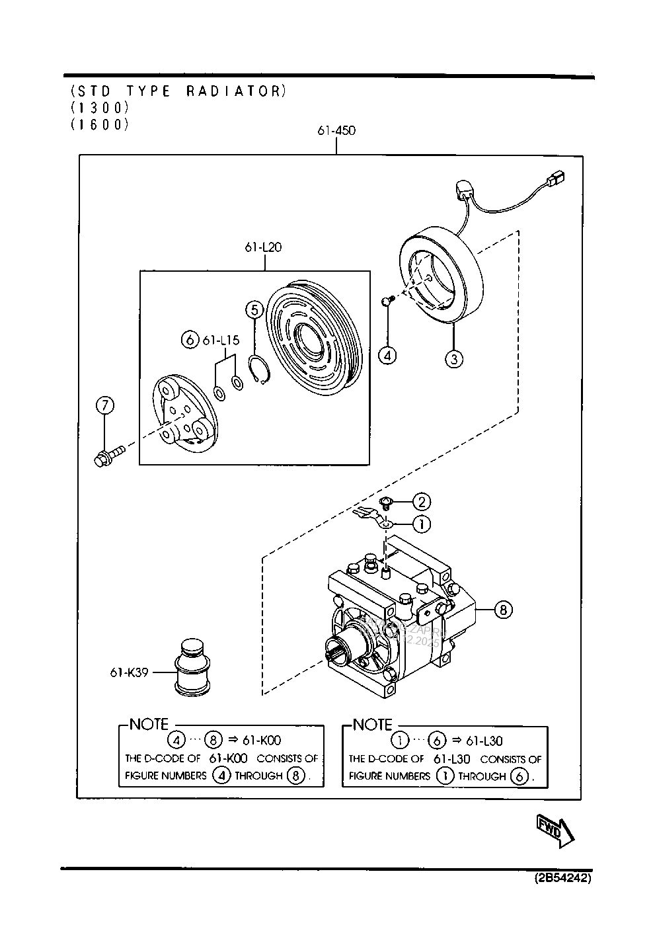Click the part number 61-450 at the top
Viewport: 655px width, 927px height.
pos(336,130)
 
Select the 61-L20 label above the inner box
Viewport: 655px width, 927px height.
pos(264,247)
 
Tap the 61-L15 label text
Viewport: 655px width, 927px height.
pos(221,340)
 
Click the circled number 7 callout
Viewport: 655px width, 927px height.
pos(104,405)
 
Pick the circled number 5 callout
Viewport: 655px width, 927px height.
pos(254,309)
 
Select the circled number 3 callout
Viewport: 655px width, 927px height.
pos(453,359)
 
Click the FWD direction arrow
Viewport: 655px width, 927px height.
pos(555,830)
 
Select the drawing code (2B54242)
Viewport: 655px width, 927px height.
pos(562,879)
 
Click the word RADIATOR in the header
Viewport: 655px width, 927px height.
pos(233,91)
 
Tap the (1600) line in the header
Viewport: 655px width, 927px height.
pos(99,124)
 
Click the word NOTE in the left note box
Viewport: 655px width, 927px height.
pos(149,724)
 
